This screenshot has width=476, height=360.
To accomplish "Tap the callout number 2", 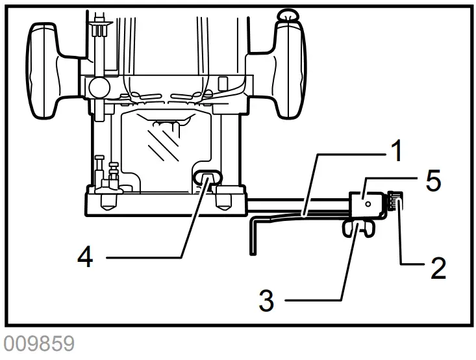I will click(438, 266).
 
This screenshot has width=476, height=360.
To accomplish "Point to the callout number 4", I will click(85, 257).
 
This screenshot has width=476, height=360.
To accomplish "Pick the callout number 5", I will click(433, 180).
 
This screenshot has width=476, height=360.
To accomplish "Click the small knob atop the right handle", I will click(286, 14).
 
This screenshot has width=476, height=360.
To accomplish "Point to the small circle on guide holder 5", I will click(368, 203).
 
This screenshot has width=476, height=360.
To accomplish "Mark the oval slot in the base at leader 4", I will click(207, 176).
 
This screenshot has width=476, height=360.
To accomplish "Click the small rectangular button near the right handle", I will click(223, 84).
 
